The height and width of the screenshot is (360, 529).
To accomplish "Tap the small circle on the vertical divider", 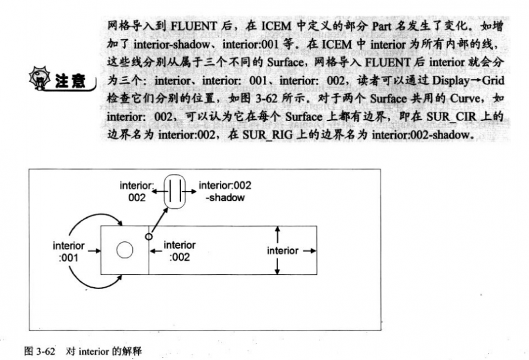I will click(x=148, y=236).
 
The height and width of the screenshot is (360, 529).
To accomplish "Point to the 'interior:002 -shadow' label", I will click(x=226, y=191).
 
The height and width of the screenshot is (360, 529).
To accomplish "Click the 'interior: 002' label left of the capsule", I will click(x=136, y=191).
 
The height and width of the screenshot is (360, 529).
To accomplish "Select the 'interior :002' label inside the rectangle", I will click(x=179, y=251).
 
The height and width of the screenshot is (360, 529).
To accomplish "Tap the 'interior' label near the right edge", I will click(x=283, y=251).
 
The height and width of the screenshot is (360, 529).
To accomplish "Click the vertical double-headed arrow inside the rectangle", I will click(x=277, y=251).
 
